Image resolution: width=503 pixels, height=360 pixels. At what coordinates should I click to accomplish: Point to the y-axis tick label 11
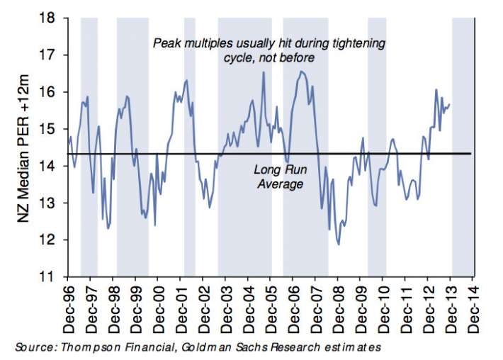tap(52, 277)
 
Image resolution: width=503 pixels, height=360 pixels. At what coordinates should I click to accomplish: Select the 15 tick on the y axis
tap(52, 129)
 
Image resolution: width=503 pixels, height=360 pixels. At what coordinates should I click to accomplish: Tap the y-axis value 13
tap(52, 203)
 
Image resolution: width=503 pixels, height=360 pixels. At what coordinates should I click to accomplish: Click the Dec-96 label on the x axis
tap(69, 310)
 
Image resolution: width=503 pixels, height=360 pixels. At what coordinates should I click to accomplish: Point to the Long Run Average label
tap(278, 177)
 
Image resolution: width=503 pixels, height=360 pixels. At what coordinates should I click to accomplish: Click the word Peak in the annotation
tap(166, 44)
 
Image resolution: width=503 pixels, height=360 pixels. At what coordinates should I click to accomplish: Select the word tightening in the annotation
tap(358, 44)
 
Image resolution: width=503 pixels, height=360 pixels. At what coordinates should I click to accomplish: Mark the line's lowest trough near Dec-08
tap(339, 244)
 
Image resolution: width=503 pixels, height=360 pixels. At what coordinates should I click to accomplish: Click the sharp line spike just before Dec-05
tap(264, 73)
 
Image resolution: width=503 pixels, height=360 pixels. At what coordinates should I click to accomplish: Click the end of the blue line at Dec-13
tap(450, 104)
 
